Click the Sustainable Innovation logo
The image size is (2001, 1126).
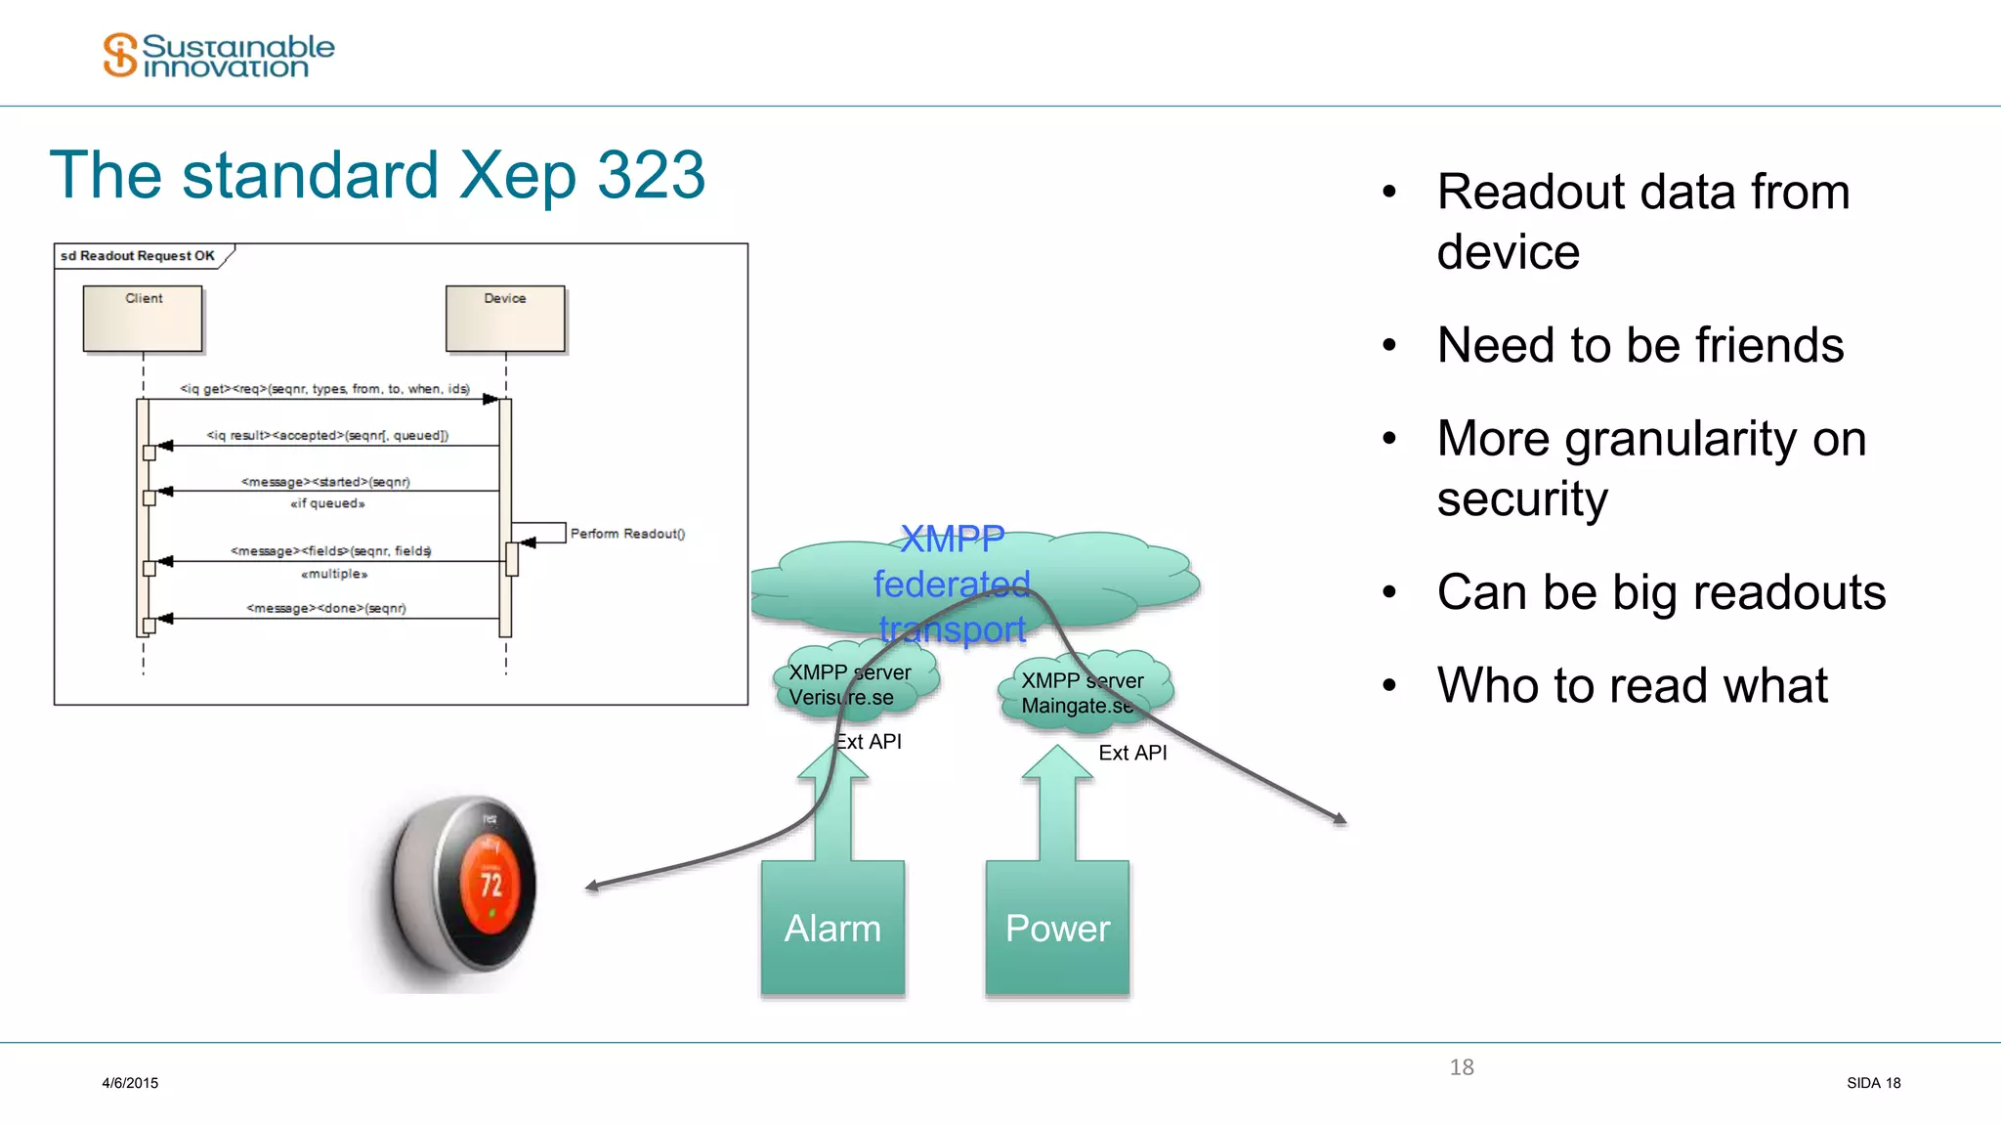(219, 55)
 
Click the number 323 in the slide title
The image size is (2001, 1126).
(650, 176)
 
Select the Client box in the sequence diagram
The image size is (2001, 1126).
(143, 319)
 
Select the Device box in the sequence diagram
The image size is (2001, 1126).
(505, 319)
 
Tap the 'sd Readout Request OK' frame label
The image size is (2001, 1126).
(138, 256)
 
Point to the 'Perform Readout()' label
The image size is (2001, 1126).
(627, 534)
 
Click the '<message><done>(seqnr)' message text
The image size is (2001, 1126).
(326, 608)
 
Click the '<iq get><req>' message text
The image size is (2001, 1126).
(324, 389)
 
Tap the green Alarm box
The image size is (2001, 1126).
(832, 928)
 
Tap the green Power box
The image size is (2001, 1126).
(1057, 928)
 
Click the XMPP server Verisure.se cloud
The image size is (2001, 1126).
(850, 684)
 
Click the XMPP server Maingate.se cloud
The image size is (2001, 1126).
(1083, 692)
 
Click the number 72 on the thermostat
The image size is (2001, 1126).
(490, 885)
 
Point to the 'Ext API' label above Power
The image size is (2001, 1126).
(1132, 753)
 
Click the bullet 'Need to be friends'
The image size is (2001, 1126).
(1639, 345)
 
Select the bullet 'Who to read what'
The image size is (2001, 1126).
(1632, 685)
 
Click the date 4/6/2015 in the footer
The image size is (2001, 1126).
(130, 1083)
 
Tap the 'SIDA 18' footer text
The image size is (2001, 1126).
(1873, 1083)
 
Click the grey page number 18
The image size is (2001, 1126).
(1462, 1067)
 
